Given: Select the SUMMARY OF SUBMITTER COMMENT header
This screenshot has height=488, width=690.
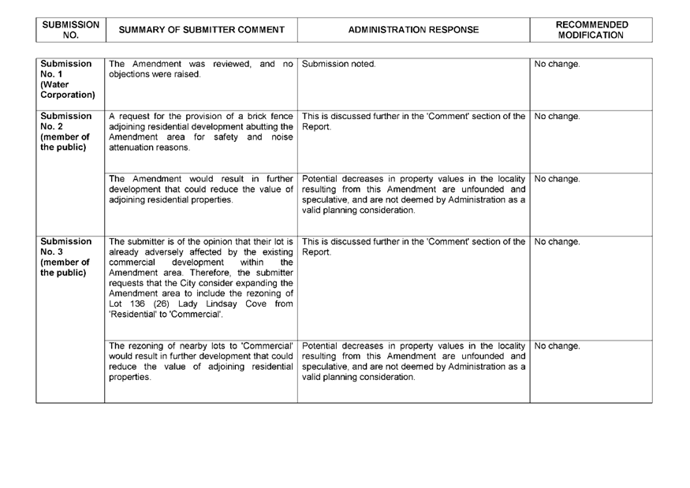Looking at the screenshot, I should point(202,29).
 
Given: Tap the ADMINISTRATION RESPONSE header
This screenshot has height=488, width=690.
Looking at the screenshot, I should point(413,29).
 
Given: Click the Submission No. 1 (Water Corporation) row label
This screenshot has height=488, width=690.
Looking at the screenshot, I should point(68,80).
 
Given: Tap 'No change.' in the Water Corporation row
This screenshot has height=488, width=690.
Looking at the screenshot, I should point(557,64).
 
